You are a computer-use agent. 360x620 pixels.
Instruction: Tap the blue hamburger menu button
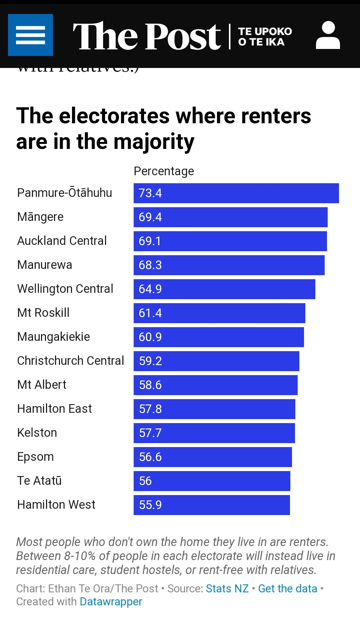30,35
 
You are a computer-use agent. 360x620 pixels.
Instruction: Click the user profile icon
328,35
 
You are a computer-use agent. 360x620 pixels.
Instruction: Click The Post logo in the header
147,36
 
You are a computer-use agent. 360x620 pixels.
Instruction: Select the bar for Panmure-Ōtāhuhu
236,193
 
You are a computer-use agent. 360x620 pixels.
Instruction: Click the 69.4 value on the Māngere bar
150,217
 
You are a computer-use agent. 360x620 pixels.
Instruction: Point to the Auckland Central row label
62,241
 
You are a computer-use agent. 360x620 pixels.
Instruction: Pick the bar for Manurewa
229,265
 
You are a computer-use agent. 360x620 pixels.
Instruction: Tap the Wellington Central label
65,289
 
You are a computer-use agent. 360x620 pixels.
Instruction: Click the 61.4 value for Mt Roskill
150,313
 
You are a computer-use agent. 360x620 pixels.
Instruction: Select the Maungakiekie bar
219,337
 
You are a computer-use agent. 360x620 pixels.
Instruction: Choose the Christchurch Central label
71,361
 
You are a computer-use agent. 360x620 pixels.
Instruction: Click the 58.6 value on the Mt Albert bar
150,385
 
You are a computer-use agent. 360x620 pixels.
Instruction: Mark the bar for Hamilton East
214,409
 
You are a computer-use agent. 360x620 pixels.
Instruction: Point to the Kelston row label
37,433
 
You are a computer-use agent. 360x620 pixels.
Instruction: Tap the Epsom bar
213,457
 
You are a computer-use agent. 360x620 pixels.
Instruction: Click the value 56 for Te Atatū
145,481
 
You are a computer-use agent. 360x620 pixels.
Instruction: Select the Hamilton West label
56,505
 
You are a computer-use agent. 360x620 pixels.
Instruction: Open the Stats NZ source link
227,589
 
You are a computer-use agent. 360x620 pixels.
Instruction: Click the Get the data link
288,589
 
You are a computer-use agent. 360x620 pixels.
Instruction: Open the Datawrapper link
111,602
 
